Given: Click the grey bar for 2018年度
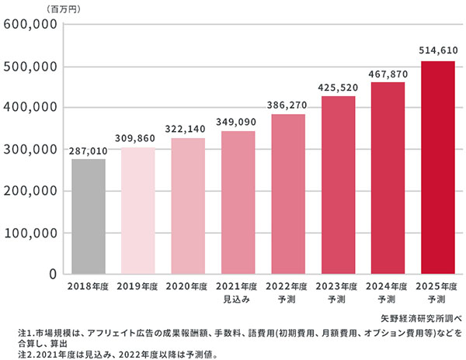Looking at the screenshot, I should [x=88, y=216].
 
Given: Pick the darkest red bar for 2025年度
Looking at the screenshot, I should [x=436, y=168].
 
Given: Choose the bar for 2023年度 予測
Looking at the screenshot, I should [x=337, y=185].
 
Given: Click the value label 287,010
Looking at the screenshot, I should [x=88, y=152].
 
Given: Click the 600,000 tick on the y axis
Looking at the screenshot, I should [x=30, y=24].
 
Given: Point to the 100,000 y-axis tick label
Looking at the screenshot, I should [x=30, y=233].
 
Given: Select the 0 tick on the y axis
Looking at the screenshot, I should [x=52, y=275].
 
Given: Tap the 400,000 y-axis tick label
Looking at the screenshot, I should [x=30, y=107].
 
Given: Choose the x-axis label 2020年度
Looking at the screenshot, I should [x=187, y=286].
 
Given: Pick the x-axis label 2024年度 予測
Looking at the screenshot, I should [x=387, y=292].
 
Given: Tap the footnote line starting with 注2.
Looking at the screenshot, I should [x=117, y=354].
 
